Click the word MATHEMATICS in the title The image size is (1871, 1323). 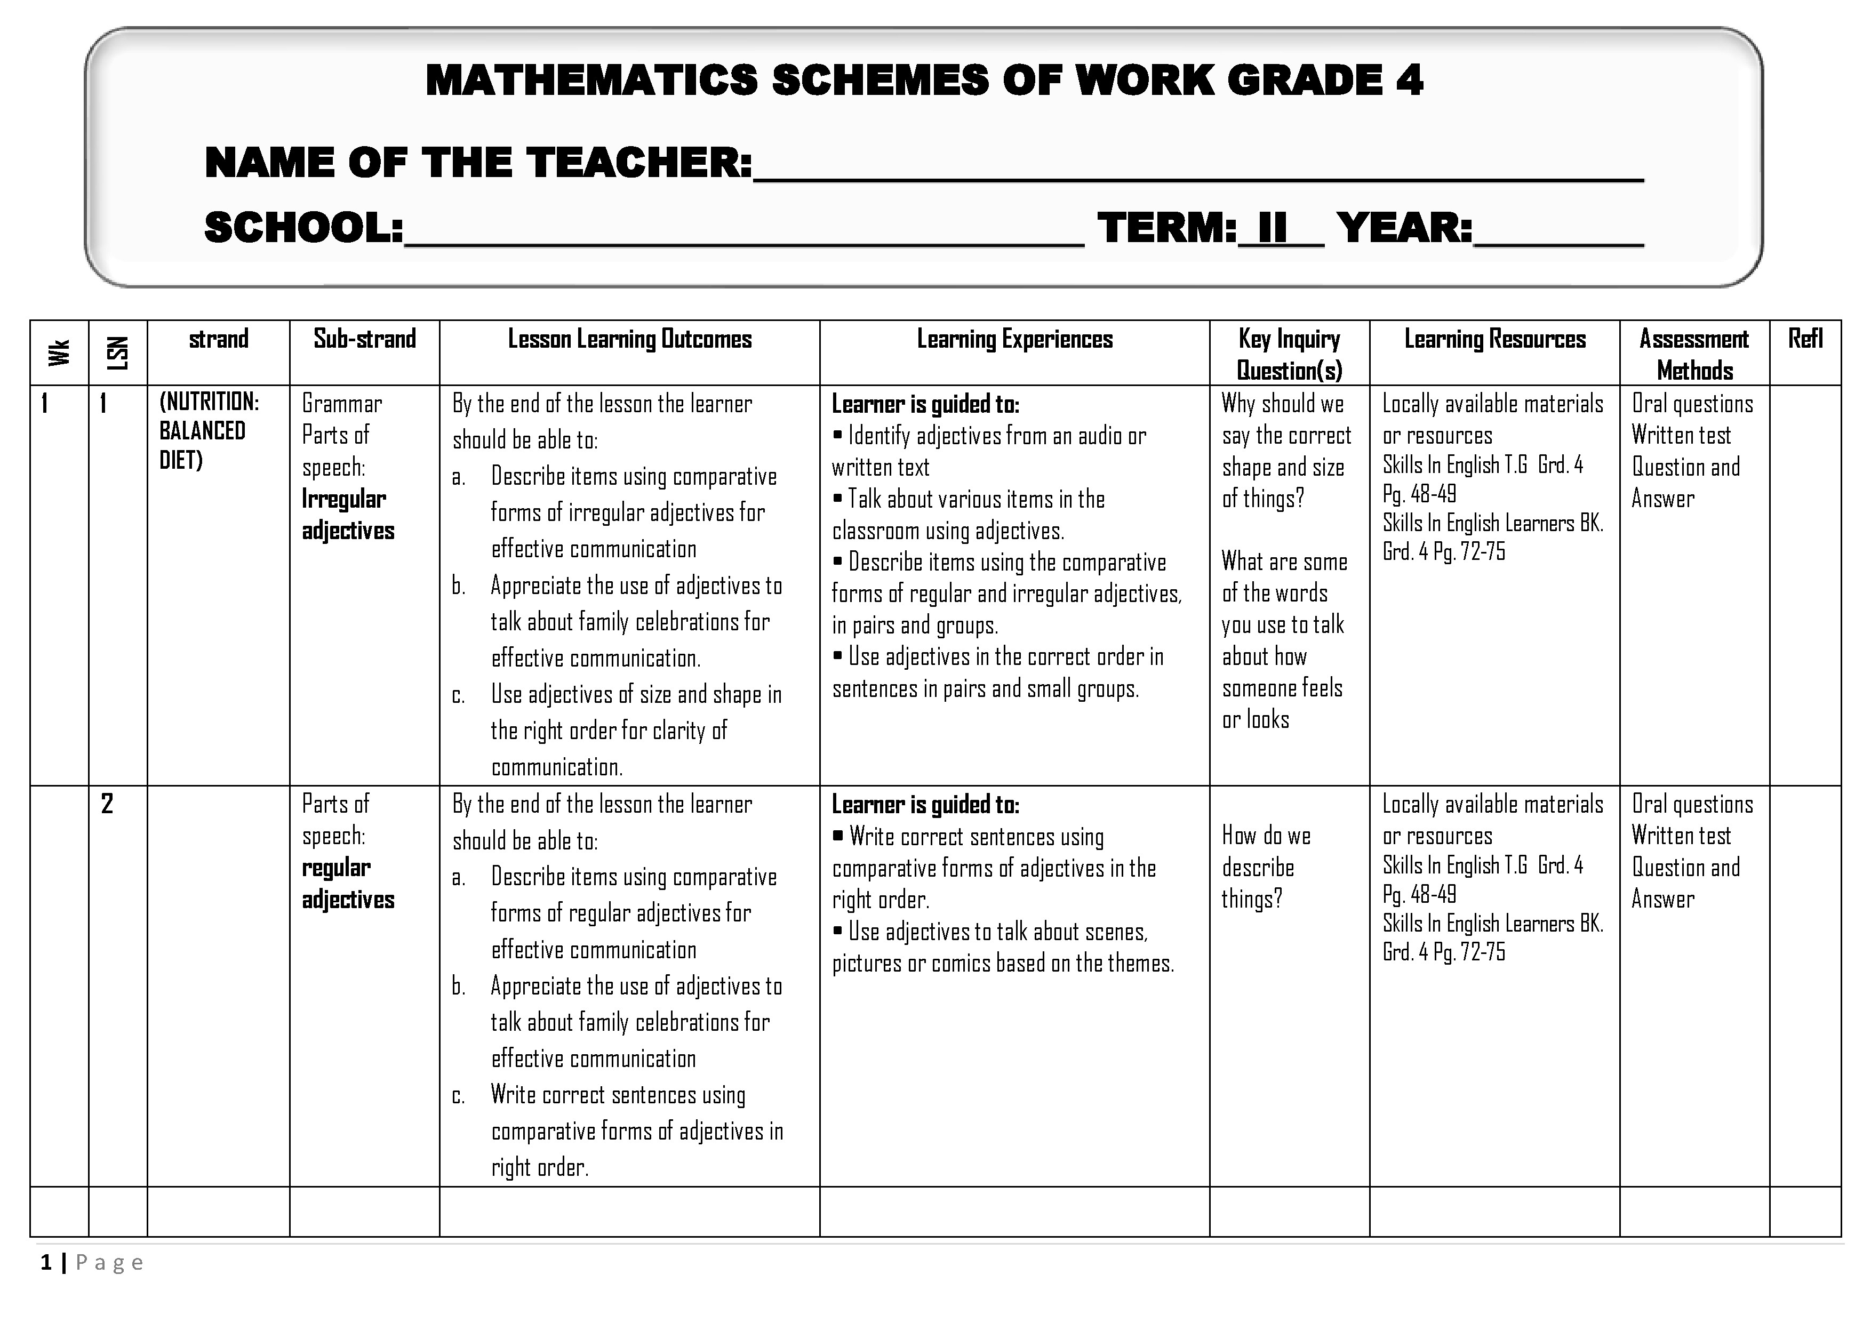(591, 81)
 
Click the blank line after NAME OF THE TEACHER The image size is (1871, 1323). (1198, 173)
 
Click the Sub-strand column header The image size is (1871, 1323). (364, 339)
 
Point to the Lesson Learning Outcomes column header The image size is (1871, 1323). (629, 339)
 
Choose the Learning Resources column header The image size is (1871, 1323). (1494, 339)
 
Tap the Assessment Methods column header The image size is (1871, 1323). (1694, 355)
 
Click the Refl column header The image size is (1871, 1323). (1805, 339)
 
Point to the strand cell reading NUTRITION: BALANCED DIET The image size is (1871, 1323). (209, 431)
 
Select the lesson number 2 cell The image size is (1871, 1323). (107, 804)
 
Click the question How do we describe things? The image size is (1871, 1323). (1266, 868)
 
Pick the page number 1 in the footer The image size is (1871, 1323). (46, 1263)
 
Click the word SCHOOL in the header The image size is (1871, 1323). (303, 228)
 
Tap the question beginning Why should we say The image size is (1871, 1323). (1286, 451)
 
